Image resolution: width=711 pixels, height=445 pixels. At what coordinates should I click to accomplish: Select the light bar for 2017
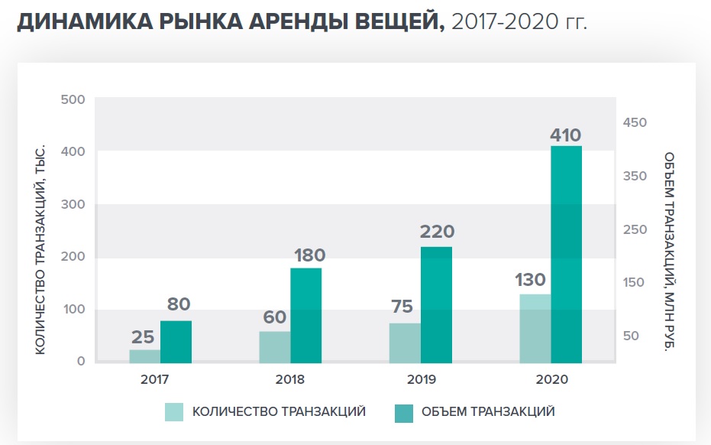coord(144,356)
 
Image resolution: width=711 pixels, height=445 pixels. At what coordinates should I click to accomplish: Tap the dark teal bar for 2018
coord(305,315)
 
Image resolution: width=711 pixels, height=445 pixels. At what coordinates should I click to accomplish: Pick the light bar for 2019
coord(405,343)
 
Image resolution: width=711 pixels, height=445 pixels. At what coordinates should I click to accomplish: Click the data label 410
coord(566,135)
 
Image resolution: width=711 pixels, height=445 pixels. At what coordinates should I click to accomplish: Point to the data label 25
coord(144,337)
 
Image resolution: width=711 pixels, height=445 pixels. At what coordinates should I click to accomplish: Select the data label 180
coord(308,255)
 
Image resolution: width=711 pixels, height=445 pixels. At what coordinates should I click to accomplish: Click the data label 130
coord(531,279)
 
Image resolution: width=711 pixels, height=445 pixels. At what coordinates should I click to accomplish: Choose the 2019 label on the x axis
coord(421,378)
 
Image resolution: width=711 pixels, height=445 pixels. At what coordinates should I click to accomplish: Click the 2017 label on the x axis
coord(155,378)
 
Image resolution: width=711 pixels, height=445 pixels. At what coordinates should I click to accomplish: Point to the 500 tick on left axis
coord(73,99)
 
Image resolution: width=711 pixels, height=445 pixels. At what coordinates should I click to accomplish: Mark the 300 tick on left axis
coord(73,204)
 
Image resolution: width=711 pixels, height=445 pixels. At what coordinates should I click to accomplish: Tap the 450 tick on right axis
coord(634,122)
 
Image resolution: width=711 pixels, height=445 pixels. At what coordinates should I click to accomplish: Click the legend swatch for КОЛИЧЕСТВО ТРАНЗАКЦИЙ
coord(175,411)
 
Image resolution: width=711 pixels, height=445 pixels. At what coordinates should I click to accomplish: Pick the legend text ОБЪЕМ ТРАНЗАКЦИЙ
coord(487,411)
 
